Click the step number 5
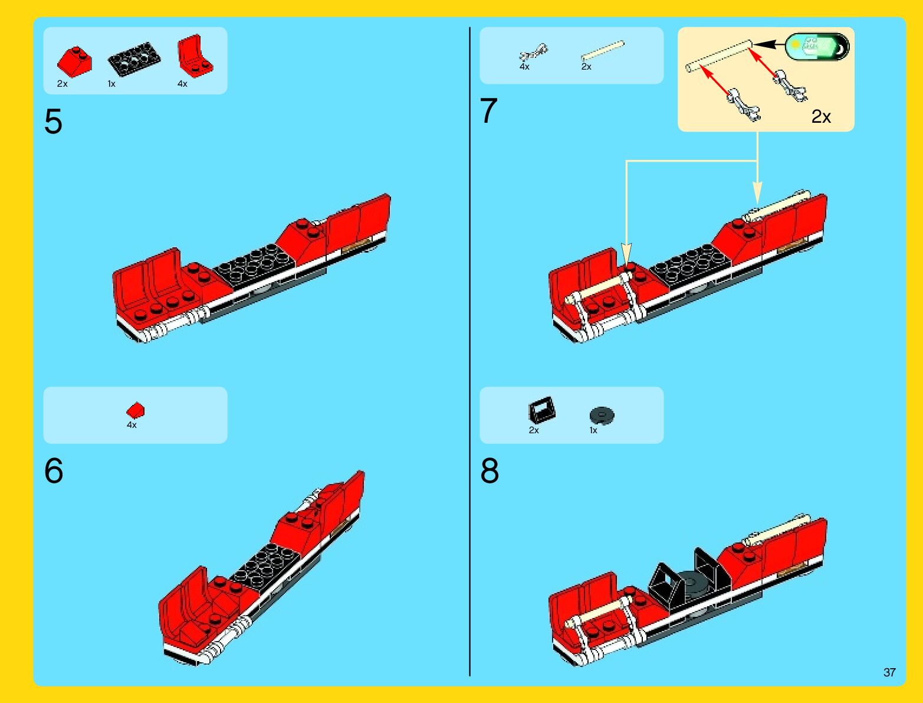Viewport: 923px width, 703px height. [x=53, y=122]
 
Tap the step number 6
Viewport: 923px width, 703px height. [x=54, y=470]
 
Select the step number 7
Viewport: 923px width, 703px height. [x=488, y=110]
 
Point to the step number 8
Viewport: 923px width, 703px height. [x=490, y=470]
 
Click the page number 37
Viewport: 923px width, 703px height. [x=889, y=672]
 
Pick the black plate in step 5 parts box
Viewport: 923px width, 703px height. [x=134, y=59]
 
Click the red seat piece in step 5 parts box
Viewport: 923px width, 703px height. [x=195, y=56]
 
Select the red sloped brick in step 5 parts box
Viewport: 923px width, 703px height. [x=74, y=62]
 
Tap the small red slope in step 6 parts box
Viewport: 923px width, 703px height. [x=136, y=410]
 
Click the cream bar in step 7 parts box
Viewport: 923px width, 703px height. [x=603, y=51]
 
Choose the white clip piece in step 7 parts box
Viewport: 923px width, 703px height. [x=534, y=53]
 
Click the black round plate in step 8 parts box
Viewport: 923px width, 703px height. [x=602, y=415]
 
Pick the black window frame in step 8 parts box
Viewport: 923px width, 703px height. [x=541, y=410]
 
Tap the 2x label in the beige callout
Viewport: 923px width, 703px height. [x=821, y=116]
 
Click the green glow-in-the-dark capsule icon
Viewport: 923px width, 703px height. [x=817, y=46]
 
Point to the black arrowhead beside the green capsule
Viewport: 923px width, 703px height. [x=764, y=44]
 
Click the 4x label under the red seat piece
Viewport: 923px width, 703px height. [x=182, y=84]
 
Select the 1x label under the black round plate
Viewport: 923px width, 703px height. [x=593, y=430]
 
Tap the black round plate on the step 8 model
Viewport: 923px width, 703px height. [x=689, y=584]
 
